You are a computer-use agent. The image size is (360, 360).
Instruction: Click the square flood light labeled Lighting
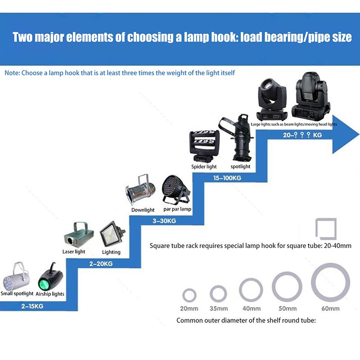[x=111, y=234]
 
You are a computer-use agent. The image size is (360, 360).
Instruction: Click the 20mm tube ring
[x=189, y=296]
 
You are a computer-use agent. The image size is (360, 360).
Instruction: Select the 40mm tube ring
[x=251, y=290]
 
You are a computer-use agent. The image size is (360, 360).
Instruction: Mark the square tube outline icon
[x=325, y=229]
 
